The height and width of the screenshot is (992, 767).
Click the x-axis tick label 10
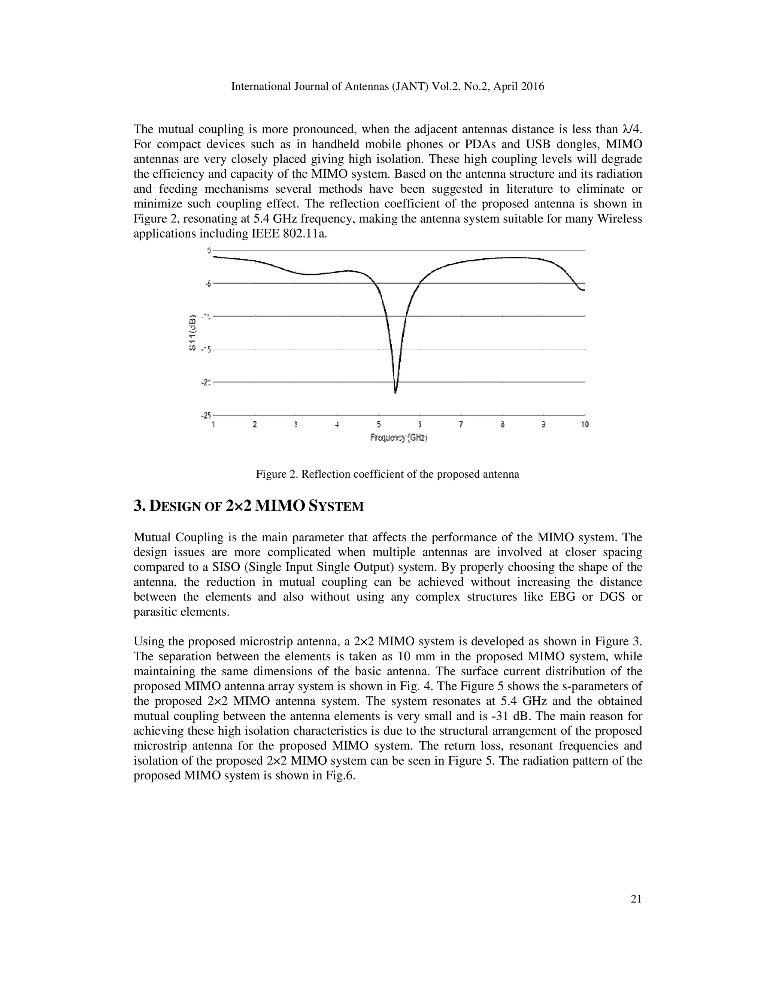[584, 424]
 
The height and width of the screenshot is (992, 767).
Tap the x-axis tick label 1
[213, 424]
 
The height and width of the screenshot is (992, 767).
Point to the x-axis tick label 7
[461, 424]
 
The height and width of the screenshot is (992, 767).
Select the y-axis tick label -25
[206, 415]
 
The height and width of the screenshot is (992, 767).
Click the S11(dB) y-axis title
[192, 332]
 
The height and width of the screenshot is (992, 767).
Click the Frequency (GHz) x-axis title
[399, 438]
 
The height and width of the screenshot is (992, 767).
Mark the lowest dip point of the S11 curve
[395, 392]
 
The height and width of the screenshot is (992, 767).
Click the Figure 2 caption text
[387, 474]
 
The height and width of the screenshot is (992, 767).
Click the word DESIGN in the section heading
[175, 506]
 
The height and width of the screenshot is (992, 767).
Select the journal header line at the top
[387, 86]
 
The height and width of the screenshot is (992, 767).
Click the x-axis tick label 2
[254, 424]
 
